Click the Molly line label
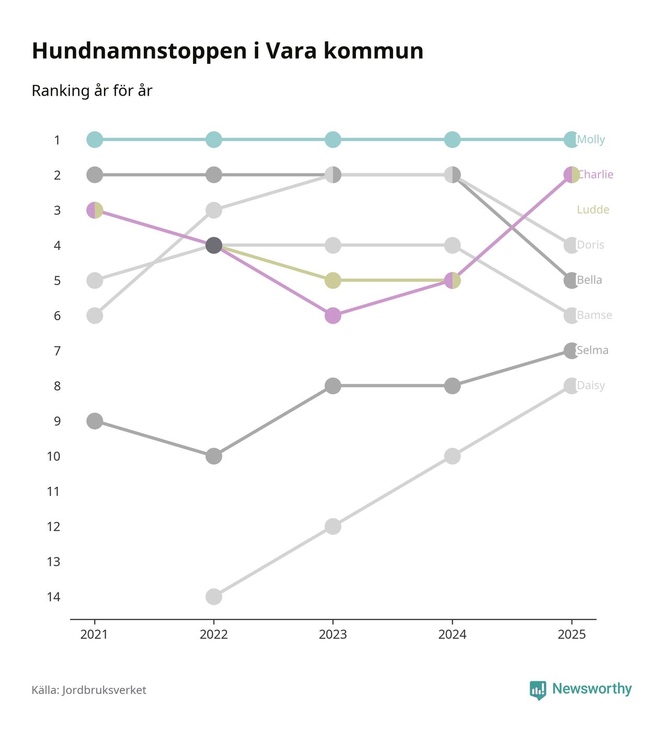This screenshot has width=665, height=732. [x=591, y=140]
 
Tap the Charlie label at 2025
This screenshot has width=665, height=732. [x=595, y=175]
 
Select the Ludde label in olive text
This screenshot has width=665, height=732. [x=593, y=210]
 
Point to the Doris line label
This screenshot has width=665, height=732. [x=590, y=245]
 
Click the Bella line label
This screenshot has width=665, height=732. [x=589, y=280]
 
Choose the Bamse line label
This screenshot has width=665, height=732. [x=594, y=315]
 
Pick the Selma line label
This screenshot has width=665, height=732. [x=592, y=350]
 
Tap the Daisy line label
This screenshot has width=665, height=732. [x=591, y=386]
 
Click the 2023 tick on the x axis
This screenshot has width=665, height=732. [x=333, y=635]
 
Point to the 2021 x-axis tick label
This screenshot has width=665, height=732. [x=94, y=635]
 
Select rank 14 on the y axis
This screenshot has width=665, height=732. [x=53, y=597]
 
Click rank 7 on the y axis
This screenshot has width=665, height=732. [x=57, y=351]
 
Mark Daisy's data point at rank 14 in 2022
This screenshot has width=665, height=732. [x=214, y=597]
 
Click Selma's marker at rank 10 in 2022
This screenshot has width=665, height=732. [x=214, y=456]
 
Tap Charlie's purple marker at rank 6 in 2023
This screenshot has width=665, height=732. [x=333, y=316]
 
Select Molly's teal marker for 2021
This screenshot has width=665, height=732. [x=94, y=140]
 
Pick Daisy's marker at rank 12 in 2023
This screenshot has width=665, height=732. [x=333, y=526]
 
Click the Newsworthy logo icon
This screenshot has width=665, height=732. [x=537, y=690]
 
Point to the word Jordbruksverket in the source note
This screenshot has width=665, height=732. [x=104, y=690]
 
